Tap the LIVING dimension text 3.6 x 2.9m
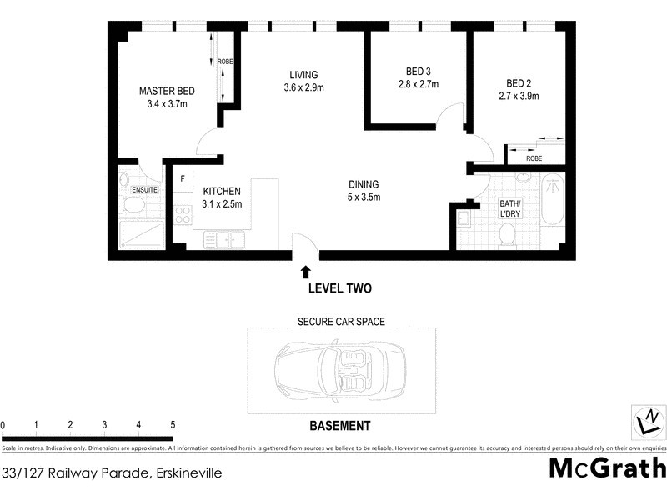(x=303, y=87)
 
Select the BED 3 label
(x=418, y=71)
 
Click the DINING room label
(x=364, y=184)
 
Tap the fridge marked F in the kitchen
(x=183, y=178)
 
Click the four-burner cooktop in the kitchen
(x=183, y=214)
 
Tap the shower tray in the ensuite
(x=141, y=233)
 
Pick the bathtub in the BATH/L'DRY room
(x=552, y=201)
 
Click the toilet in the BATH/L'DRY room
(x=506, y=237)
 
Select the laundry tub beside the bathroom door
(x=464, y=220)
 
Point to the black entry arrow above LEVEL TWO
(x=306, y=271)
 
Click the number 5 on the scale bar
(x=172, y=425)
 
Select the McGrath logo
(x=607, y=467)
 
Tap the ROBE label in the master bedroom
(x=225, y=62)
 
